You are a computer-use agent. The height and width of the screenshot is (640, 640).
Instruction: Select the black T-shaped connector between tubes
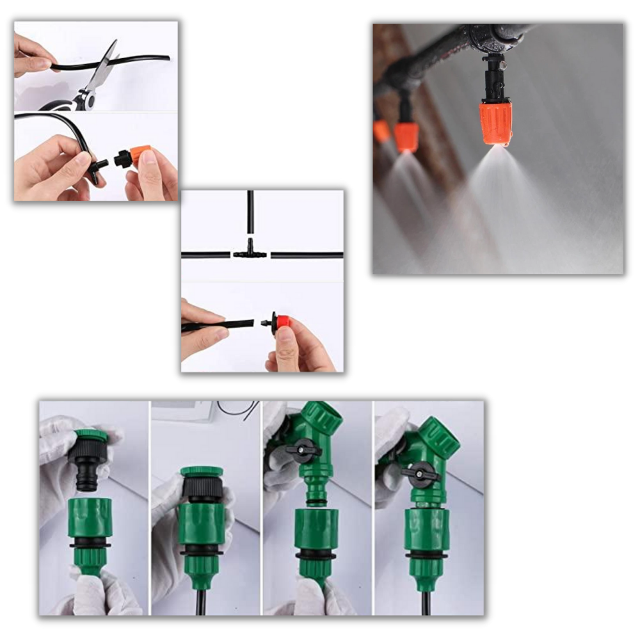coord(250,253)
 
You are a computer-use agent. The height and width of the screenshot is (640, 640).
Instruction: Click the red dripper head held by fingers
coord(282,322)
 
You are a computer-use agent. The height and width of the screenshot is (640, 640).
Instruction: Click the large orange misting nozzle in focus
coord(495,123)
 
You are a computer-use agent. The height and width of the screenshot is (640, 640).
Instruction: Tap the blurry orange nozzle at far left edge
coord(381,131)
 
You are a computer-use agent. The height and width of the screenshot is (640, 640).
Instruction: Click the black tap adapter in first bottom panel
coord(88,464)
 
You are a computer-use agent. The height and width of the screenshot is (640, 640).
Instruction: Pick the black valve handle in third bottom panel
coord(303,451)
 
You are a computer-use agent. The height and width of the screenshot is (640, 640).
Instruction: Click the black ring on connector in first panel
coord(90,544)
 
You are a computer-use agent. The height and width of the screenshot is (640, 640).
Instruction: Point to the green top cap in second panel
coord(201,472)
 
